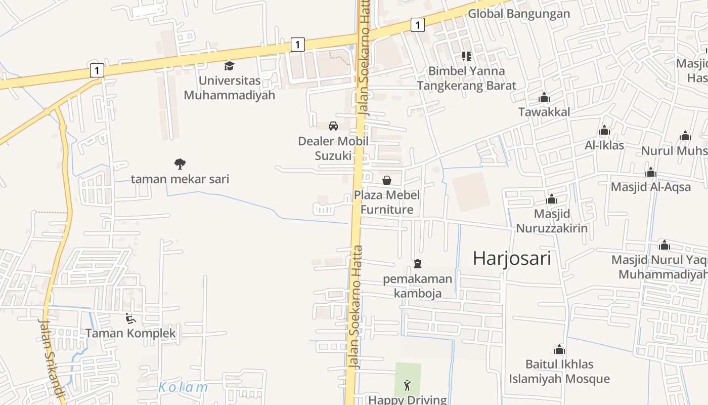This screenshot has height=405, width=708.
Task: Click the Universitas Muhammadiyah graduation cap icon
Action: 229,66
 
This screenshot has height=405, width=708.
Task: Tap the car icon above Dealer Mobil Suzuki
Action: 333,126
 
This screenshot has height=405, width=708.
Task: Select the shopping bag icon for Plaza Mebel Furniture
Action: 387,180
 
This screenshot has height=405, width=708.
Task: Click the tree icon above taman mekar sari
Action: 180,164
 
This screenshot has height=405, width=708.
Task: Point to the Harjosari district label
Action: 511,258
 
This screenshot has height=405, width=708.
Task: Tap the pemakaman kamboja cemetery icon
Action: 418,264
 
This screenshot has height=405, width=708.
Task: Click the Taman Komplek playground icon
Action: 130,318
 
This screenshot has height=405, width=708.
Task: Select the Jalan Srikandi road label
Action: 52,357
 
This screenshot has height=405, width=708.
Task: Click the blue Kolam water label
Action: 183,388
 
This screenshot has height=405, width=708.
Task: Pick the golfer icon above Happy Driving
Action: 408,385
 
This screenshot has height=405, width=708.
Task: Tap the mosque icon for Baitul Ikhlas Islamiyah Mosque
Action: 559,349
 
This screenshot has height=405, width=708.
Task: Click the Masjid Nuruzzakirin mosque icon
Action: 552,199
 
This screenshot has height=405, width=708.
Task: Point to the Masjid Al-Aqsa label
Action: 650,187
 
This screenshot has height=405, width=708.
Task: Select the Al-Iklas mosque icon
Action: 604,131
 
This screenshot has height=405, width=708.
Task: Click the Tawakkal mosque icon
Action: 544,97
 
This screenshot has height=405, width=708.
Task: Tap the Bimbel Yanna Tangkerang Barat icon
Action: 466,56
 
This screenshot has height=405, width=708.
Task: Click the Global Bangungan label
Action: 518,14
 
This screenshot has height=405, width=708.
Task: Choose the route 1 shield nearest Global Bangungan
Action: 417,24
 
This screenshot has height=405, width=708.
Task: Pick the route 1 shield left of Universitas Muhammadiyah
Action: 97,70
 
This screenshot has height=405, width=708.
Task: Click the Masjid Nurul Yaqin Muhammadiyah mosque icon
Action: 665,246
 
